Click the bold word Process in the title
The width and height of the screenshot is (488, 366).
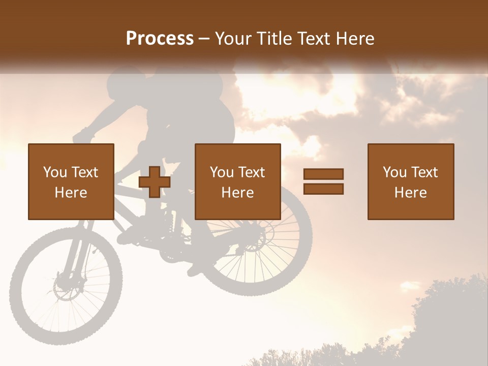tap(160, 39)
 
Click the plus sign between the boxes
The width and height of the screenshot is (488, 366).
tap(155, 182)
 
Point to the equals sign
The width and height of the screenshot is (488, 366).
tap(323, 181)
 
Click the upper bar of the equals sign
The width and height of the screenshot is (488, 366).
tap(323, 174)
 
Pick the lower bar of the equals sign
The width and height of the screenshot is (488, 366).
tap(323, 189)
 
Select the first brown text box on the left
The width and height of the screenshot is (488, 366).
tap(71, 181)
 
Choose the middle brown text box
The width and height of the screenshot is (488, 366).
tap(237, 181)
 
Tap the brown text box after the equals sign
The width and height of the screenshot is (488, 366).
tap(410, 181)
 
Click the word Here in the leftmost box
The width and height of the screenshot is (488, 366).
tap(71, 193)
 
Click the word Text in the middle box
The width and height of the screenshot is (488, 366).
tap(251, 172)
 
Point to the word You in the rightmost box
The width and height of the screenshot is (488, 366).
tap(395, 172)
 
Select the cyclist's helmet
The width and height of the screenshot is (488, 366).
tap(203, 81)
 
